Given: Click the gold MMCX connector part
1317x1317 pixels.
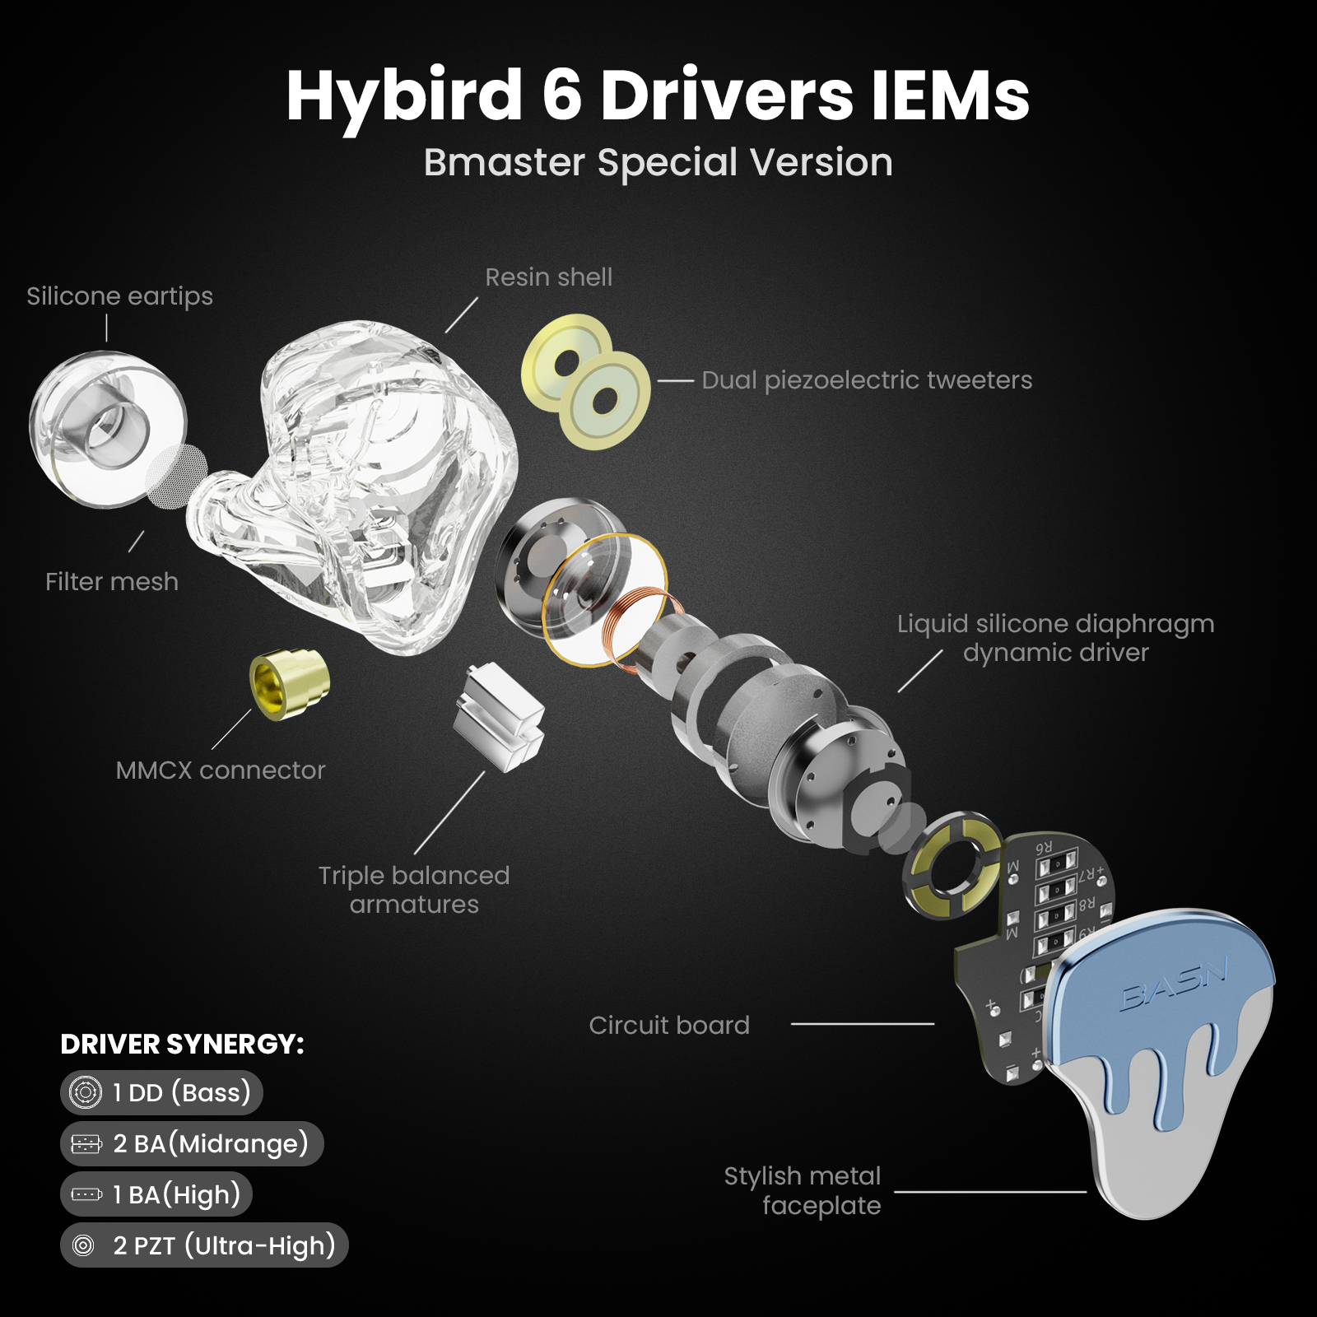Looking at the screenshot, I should pyautogui.click(x=290, y=683).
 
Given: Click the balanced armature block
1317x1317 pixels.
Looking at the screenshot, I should pyautogui.click(x=499, y=717).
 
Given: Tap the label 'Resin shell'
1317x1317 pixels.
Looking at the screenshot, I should pyautogui.click(x=548, y=277).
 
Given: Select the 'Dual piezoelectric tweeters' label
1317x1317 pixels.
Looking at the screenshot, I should pyautogui.click(x=866, y=380).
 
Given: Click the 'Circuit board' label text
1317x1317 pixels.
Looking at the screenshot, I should pyautogui.click(x=669, y=1025).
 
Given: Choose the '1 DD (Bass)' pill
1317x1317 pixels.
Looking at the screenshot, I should pyautogui.click(x=161, y=1092).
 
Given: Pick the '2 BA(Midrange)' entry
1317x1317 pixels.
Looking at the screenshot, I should pyautogui.click(x=192, y=1143).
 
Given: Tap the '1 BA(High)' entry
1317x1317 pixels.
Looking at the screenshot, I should pyautogui.click(x=156, y=1194).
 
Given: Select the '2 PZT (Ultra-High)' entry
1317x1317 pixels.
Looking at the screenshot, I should pyautogui.click(x=204, y=1245).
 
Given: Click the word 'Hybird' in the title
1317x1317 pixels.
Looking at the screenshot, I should pyautogui.click(x=404, y=95).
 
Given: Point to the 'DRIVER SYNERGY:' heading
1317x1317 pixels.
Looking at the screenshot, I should pyautogui.click(x=182, y=1044).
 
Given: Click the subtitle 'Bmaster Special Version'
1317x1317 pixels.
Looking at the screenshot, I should pyautogui.click(x=658, y=162).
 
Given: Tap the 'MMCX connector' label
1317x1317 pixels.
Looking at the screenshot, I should pyautogui.click(x=221, y=770).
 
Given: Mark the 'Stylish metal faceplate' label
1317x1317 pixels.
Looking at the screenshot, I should pyautogui.click(x=803, y=1190).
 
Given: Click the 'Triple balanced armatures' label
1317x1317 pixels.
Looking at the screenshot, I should pyautogui.click(x=414, y=890).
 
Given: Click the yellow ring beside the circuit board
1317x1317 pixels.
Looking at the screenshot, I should pyautogui.click(x=952, y=866).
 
